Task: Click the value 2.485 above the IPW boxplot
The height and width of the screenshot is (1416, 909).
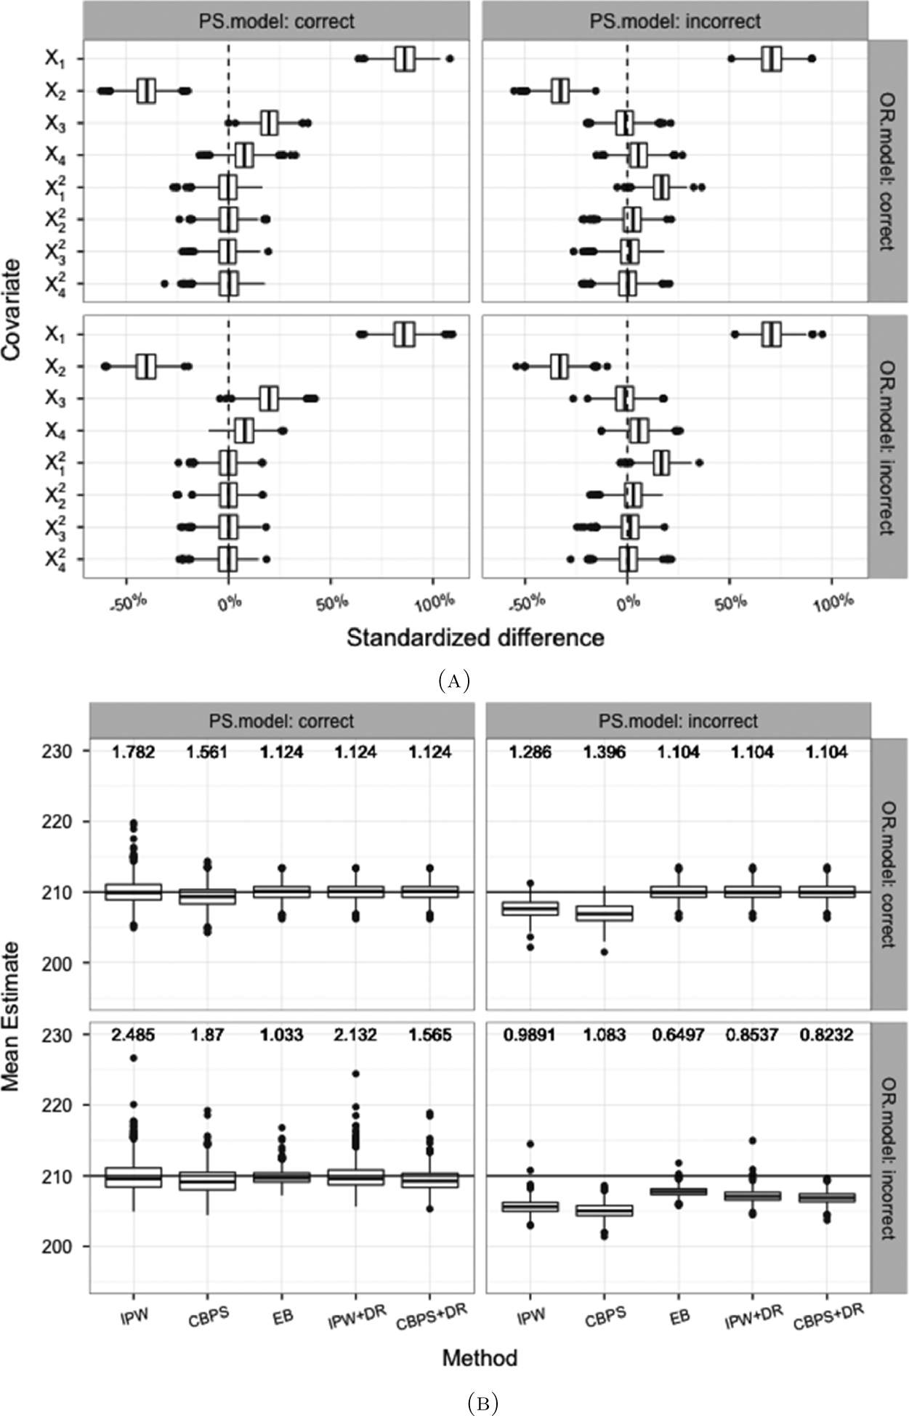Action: point(134,1034)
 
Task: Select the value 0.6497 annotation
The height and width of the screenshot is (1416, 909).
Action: point(679,1034)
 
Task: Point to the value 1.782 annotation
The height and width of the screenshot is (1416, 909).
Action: point(134,752)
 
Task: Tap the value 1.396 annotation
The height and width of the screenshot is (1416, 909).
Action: point(605,752)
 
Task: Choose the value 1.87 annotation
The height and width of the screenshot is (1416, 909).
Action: point(208,1034)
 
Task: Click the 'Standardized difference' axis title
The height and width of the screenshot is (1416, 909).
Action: point(475,638)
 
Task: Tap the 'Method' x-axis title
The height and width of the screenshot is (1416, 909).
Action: point(480,1357)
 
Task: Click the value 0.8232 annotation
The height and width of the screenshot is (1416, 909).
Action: point(827,1034)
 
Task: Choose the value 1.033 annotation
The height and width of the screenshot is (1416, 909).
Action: point(282,1034)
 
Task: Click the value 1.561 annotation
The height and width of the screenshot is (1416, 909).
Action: point(208,752)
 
